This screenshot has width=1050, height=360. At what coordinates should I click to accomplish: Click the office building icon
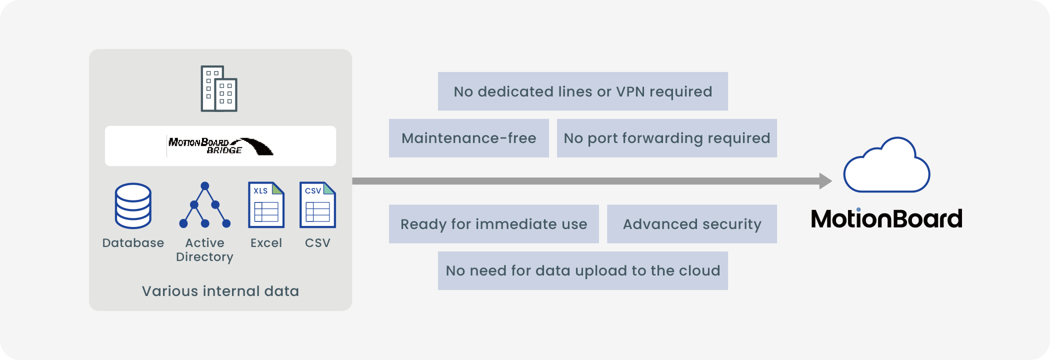(x=219, y=88)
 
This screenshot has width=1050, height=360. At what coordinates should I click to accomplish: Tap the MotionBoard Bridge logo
(x=220, y=146)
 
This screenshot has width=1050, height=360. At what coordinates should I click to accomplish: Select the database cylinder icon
(x=133, y=205)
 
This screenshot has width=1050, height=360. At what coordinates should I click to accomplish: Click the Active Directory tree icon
(x=205, y=205)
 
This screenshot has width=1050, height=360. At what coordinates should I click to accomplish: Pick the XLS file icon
(x=266, y=205)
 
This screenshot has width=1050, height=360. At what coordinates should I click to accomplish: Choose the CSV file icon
(x=317, y=205)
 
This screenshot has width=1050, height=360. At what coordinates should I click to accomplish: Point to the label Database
(x=133, y=243)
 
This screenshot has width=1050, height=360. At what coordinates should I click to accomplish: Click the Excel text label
(x=266, y=243)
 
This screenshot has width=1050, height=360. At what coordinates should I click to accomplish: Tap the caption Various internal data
(x=220, y=291)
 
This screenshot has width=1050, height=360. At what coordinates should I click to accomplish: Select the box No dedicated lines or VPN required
(x=583, y=91)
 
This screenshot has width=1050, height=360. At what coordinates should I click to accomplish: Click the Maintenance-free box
(x=469, y=138)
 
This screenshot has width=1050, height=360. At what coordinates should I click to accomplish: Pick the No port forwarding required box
(x=667, y=138)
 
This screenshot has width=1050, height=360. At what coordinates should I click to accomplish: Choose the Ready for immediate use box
(x=494, y=224)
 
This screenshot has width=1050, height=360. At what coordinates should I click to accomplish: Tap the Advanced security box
(x=692, y=224)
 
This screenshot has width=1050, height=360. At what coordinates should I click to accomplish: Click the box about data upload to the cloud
(x=583, y=270)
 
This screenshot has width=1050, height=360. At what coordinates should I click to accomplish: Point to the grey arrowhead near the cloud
(x=825, y=181)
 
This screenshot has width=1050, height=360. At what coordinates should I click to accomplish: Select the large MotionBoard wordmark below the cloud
(x=886, y=218)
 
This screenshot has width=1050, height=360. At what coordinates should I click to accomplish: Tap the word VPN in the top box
(x=630, y=91)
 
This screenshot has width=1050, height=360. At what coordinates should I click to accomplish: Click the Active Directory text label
(x=205, y=250)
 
